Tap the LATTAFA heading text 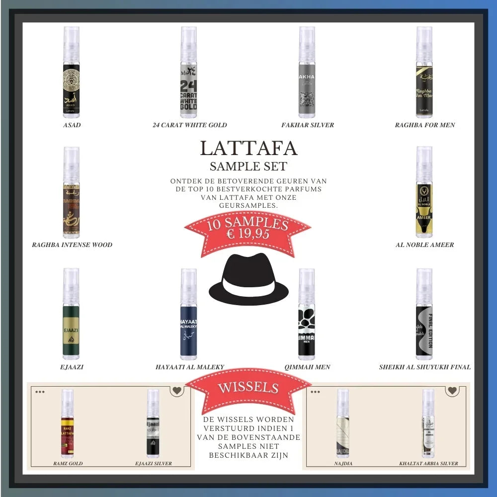coord(248,148)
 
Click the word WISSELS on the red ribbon coord(248,387)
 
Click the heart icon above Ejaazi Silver coord(176,391)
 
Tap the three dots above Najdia coord(316,392)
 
